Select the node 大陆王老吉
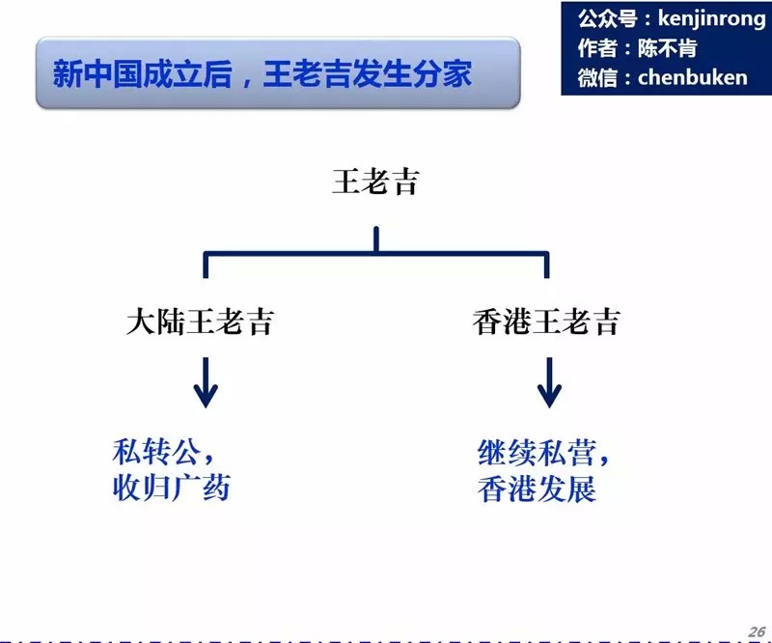[x=200, y=321]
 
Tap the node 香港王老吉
[x=545, y=321]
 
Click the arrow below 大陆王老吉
[x=205, y=382]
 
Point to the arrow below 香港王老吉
[x=549, y=382]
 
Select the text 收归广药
[x=172, y=489]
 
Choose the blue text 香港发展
[x=537, y=489]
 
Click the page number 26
[x=756, y=629]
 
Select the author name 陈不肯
[x=667, y=47]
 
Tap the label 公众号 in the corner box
[x=600, y=18]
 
